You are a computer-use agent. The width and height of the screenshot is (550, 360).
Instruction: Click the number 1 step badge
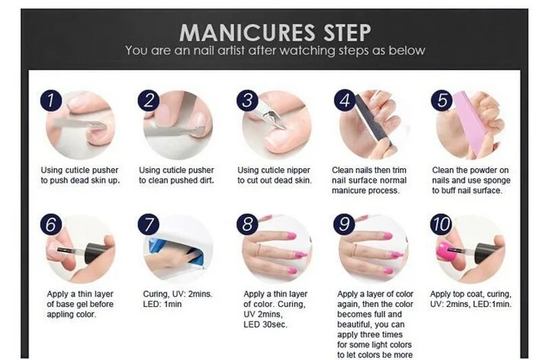pos(51,100)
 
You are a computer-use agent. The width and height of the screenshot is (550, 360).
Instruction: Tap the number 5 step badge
pos(442,100)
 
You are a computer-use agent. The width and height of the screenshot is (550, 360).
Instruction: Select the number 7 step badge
pos(148,225)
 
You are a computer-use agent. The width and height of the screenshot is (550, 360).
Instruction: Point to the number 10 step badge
pos(441,225)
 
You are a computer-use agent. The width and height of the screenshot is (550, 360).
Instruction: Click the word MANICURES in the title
pos(247,32)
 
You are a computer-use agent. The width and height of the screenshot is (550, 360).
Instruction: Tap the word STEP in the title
pos(346,32)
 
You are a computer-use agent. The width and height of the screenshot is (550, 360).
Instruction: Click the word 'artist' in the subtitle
pos(231,50)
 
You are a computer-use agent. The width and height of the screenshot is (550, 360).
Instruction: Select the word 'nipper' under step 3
pos(298,170)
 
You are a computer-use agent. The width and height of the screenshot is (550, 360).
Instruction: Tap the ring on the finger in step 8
pos(258,250)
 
